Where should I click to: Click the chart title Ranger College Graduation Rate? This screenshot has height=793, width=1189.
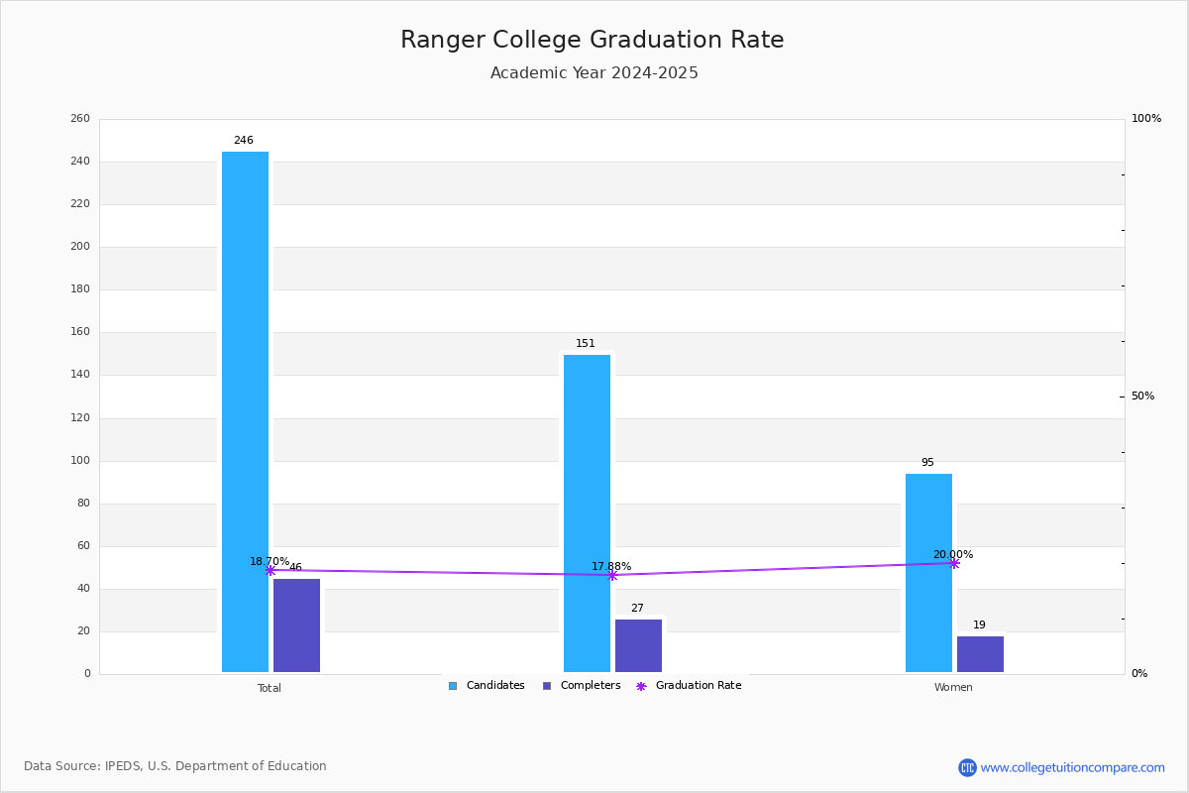point(592,40)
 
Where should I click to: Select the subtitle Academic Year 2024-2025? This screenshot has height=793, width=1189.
point(594,72)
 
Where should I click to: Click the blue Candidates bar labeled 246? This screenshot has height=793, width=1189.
point(246,411)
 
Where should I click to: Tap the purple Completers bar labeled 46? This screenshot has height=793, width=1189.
point(296,625)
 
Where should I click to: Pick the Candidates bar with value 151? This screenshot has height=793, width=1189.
point(587,513)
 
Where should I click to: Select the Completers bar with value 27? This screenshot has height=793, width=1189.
point(638,645)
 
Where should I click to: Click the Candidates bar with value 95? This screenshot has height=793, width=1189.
point(929,573)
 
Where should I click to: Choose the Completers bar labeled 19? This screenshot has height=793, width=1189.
point(980,654)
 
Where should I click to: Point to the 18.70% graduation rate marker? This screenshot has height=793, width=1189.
point(270,570)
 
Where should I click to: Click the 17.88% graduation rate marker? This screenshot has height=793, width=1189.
point(612,575)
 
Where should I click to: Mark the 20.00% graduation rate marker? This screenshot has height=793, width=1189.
point(954,564)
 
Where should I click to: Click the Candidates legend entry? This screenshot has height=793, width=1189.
point(486,686)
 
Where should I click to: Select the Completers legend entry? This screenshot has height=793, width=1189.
point(582,686)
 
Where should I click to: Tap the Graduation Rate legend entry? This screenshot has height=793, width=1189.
point(689,686)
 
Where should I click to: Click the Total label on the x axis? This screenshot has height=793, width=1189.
point(270,688)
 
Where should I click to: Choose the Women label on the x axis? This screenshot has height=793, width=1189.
point(953,687)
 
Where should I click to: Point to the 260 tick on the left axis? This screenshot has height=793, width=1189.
point(80,118)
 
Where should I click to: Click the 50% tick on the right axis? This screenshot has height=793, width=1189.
point(1142,396)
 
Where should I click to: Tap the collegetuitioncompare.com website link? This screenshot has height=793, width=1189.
point(1072,767)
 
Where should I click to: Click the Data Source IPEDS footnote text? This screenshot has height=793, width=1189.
point(175,766)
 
